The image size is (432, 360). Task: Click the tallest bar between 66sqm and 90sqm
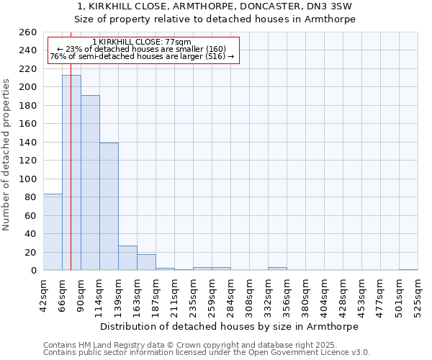[x=71, y=173]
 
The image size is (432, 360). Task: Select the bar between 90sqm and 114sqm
[x=90, y=183]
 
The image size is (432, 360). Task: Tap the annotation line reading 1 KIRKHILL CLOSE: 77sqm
[x=142, y=42]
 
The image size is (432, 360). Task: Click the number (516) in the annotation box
[x=216, y=56]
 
